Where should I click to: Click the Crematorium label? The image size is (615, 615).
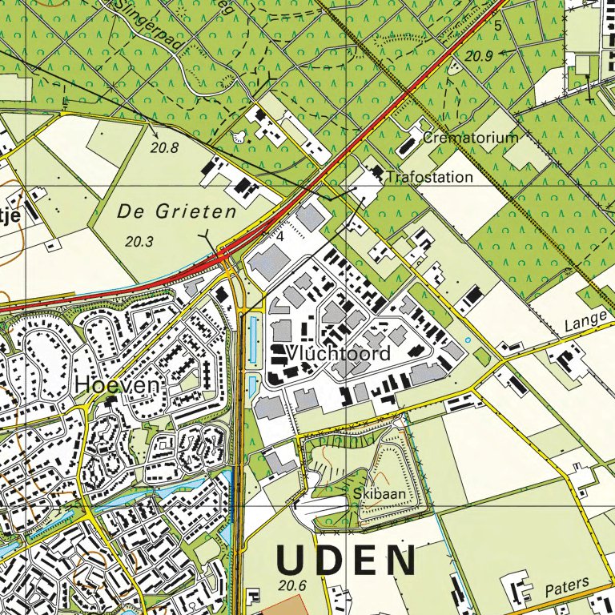point(471,138)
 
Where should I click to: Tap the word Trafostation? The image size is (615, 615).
point(429,177)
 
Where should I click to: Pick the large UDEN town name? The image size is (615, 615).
point(347,561)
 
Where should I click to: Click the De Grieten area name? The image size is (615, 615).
point(177,212)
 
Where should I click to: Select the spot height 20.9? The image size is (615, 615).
point(478,55)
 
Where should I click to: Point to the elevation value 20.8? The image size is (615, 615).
point(164,147)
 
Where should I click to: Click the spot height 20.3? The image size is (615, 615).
point(139,240)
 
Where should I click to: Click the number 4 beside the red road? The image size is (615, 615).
point(280,237)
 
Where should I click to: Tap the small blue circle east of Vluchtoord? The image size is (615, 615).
point(468,340)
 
